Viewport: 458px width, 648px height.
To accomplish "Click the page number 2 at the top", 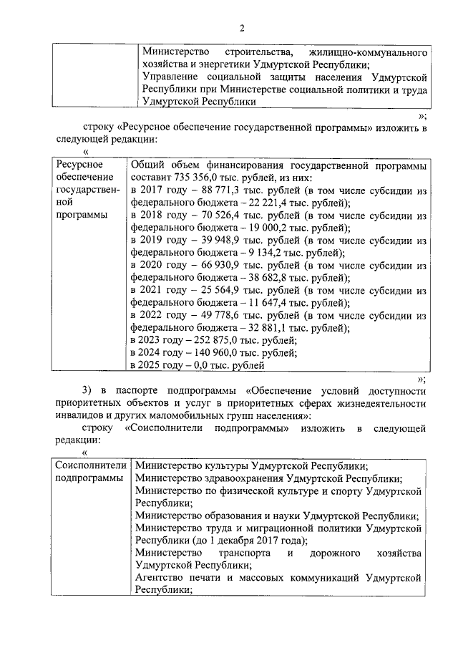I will (242, 29).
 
